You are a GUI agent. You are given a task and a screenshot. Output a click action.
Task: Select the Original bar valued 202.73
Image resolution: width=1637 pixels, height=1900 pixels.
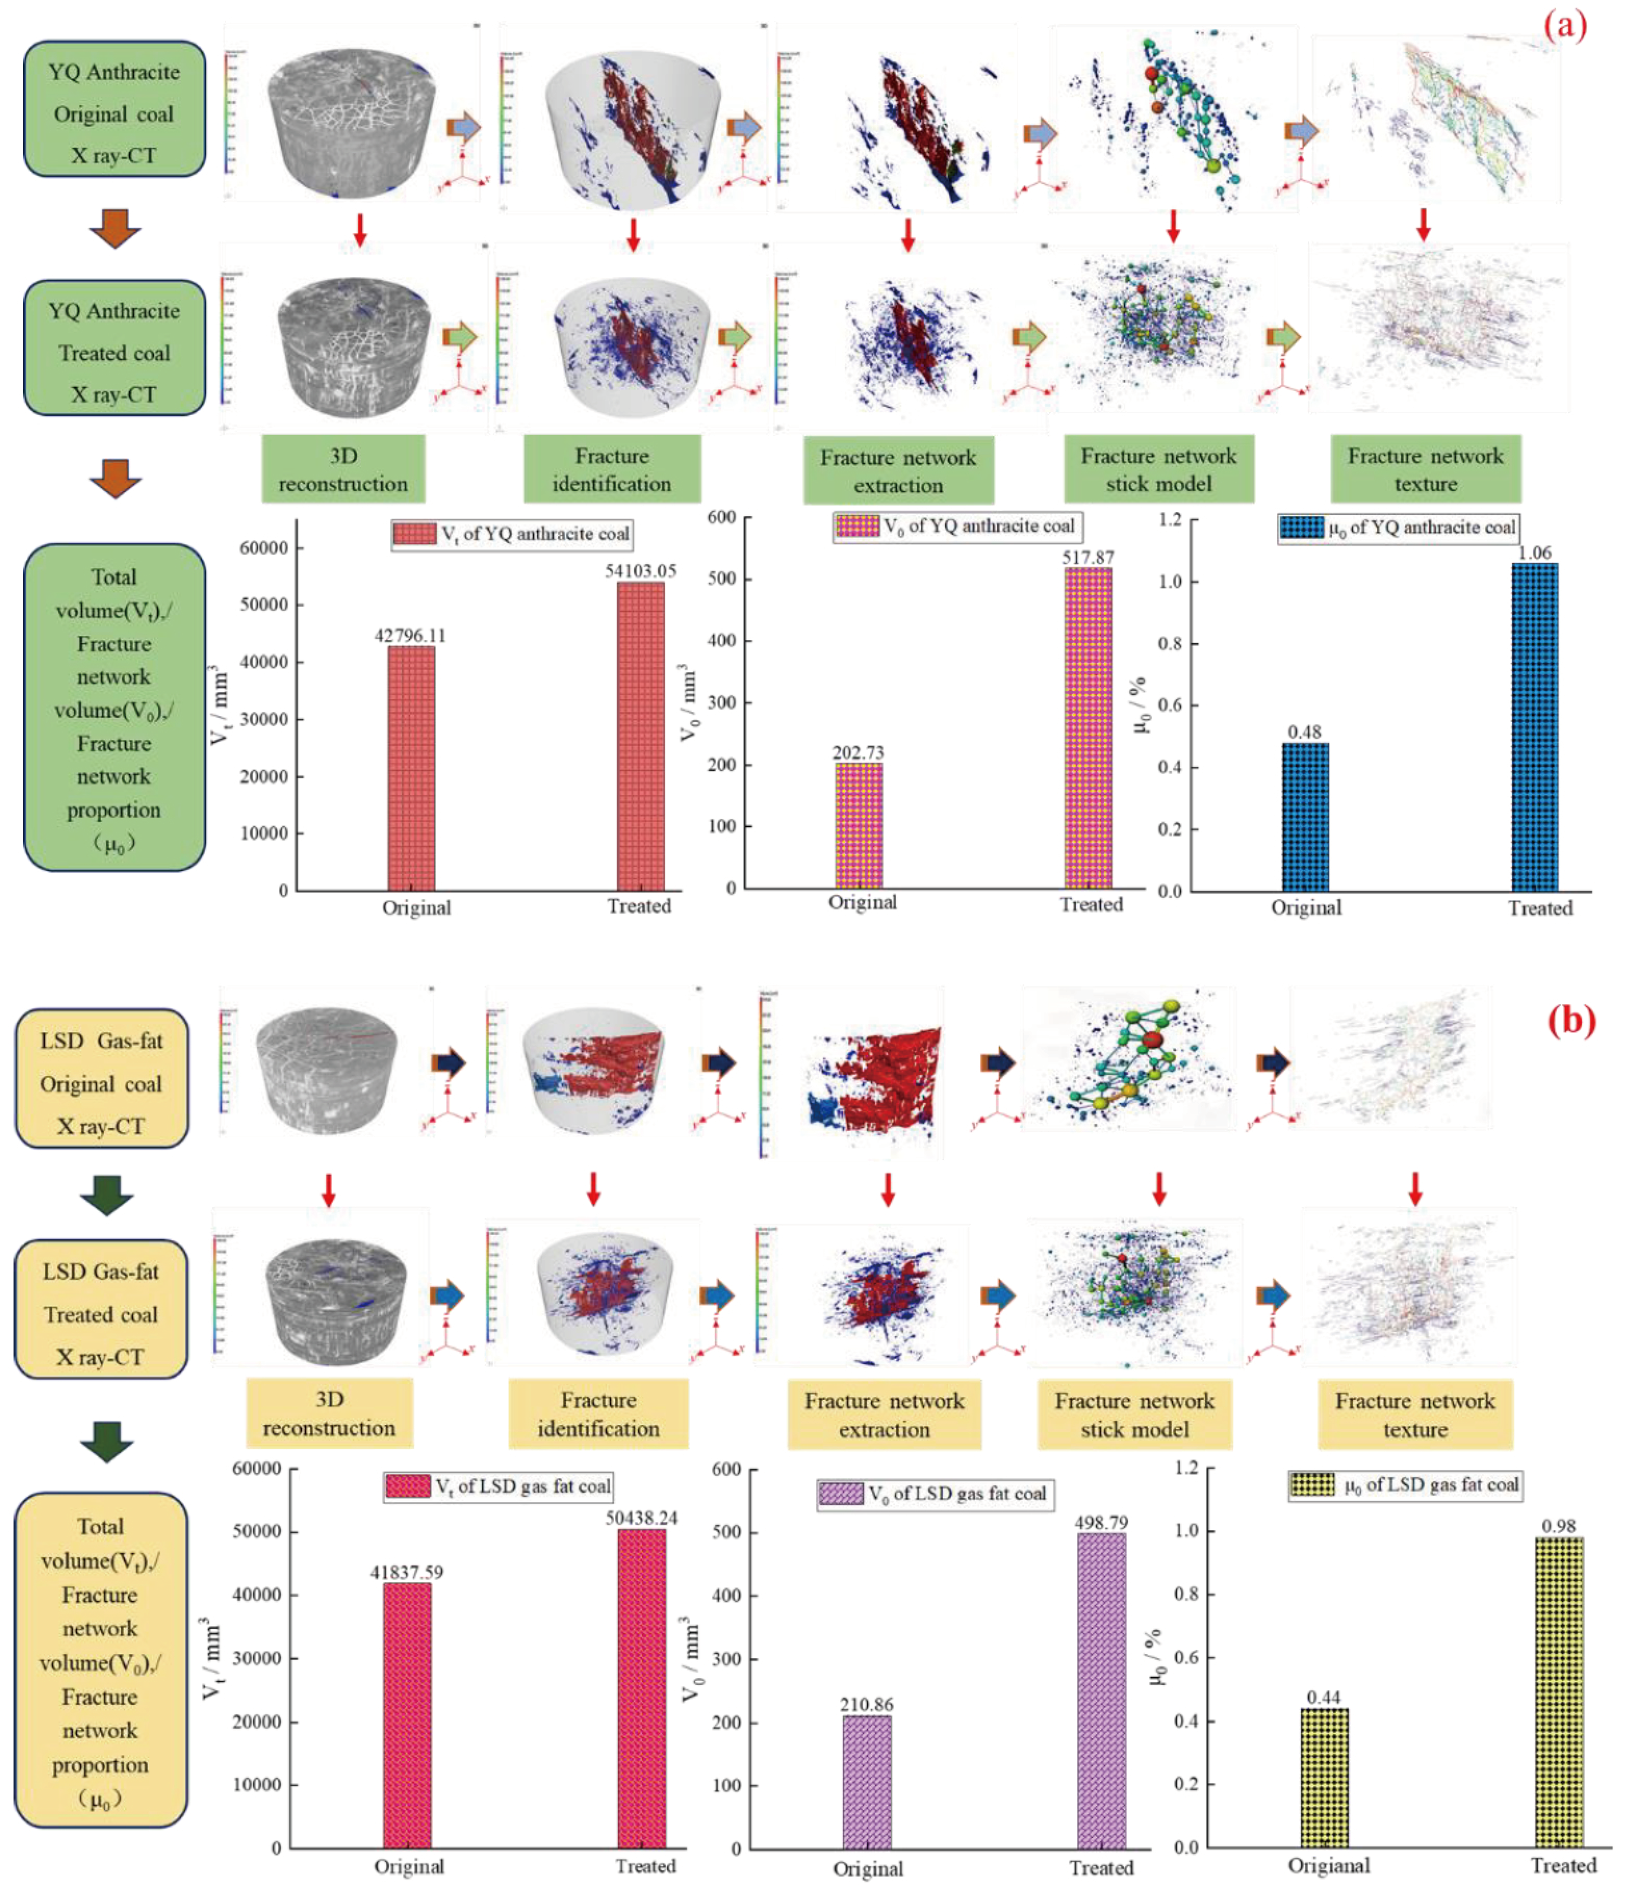[859, 825]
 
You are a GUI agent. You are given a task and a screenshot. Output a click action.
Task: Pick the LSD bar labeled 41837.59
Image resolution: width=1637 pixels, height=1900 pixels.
[407, 1715]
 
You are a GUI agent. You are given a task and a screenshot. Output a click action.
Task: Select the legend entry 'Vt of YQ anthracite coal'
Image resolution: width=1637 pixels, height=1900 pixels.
[511, 534]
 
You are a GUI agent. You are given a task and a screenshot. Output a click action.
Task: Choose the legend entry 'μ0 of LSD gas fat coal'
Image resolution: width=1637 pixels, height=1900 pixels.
[1405, 1485]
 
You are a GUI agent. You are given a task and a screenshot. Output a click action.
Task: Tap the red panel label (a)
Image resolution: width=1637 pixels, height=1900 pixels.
[1565, 25]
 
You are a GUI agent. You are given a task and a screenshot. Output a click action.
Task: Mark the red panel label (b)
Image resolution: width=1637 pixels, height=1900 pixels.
[1571, 1020]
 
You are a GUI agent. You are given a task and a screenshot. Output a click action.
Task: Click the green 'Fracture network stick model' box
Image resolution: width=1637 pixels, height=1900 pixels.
[1158, 469]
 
